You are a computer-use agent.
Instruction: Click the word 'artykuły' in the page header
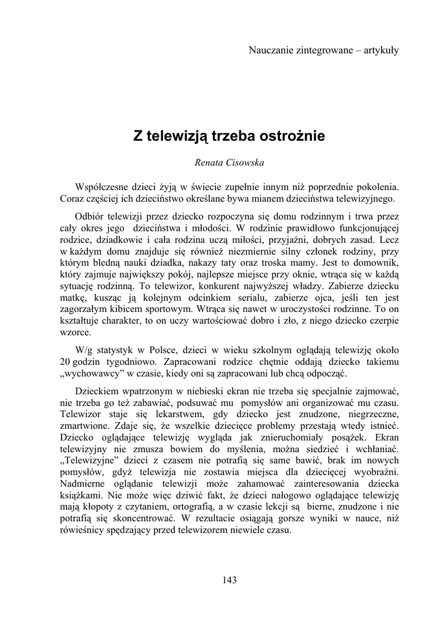click(x=380, y=50)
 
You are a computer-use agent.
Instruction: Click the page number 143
click(x=230, y=579)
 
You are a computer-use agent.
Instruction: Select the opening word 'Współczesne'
click(x=100, y=186)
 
